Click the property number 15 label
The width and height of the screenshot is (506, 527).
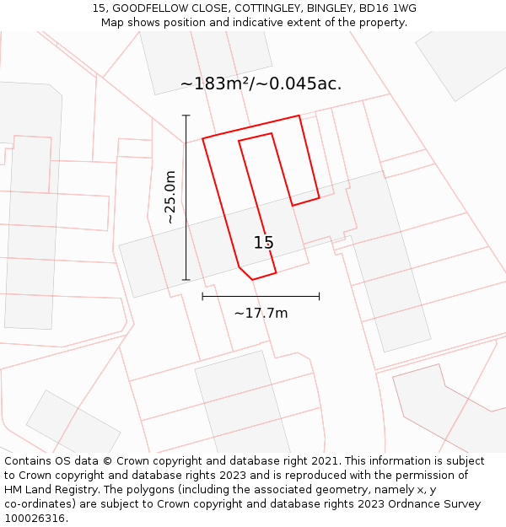point(263,243)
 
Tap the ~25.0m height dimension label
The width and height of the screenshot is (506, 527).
point(170,197)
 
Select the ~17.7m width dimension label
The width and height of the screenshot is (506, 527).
point(261,314)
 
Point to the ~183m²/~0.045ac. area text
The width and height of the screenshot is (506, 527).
point(261,83)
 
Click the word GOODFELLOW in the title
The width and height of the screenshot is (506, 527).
point(153,8)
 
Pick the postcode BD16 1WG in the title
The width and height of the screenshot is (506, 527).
point(387,8)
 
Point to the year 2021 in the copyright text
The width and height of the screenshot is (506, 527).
point(322,461)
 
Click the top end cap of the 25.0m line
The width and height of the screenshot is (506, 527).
point(186,116)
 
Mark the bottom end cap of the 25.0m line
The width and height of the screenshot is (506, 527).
point(186,280)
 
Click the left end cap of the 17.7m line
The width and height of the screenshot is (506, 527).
point(202,296)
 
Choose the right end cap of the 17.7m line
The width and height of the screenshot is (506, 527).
point(319,296)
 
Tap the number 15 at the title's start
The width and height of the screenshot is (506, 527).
point(98,8)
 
